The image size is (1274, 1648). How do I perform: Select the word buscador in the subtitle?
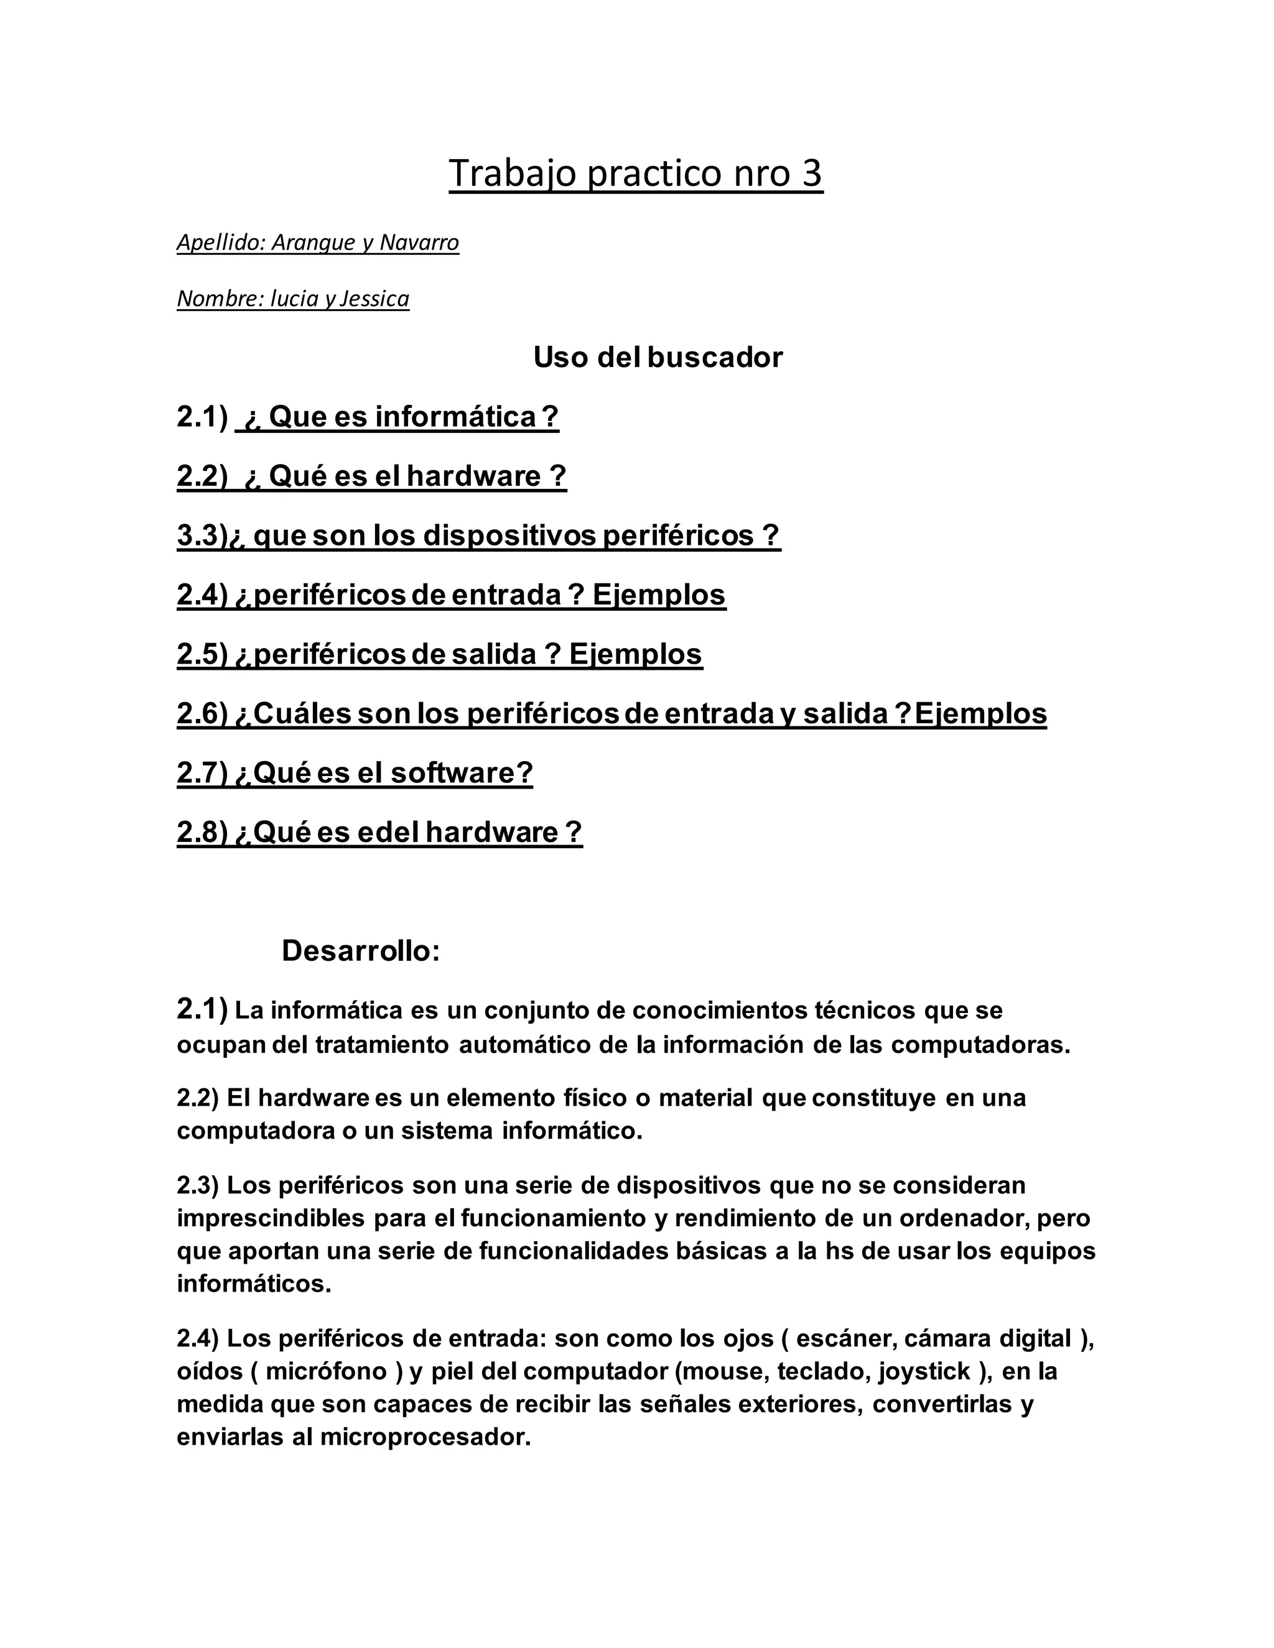coord(715,357)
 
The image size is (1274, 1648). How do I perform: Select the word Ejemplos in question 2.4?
coord(659,595)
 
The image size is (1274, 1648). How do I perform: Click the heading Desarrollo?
coord(361,951)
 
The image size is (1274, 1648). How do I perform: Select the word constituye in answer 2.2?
coord(871,1097)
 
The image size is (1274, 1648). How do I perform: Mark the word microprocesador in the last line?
coord(425,1437)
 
